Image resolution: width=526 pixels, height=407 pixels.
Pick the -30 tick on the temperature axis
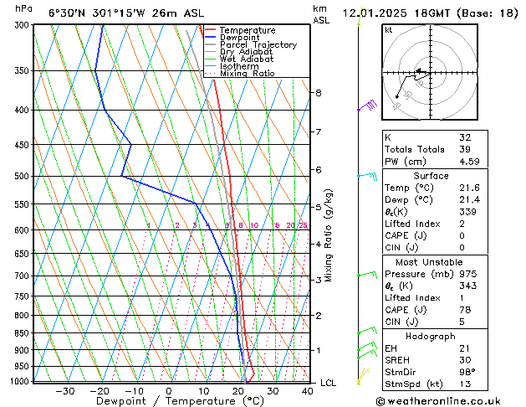click(64, 391)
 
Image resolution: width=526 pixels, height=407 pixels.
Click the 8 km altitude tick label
click(318, 92)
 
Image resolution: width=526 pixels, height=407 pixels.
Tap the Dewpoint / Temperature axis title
click(168, 402)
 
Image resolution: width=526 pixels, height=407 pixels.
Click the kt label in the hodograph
click(389, 30)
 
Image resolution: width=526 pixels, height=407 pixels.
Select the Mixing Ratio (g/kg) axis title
click(329, 235)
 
